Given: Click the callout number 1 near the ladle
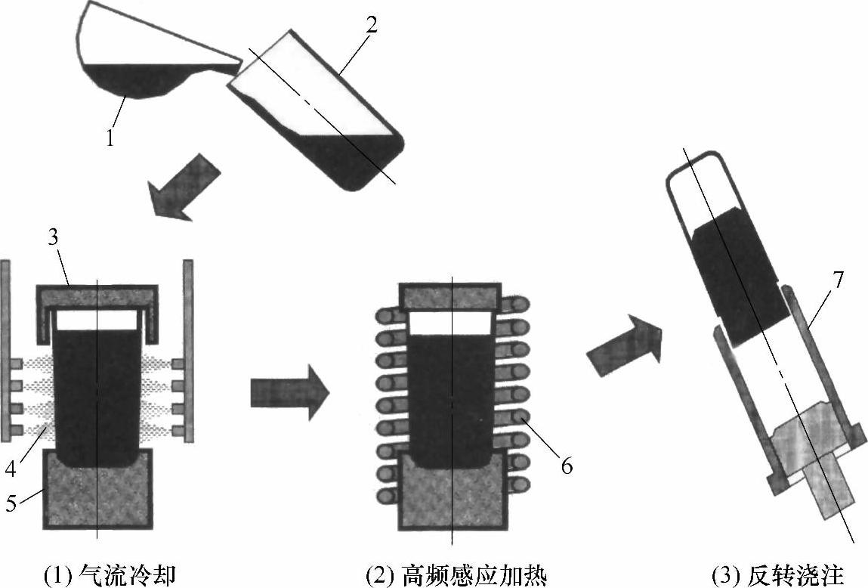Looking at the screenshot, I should coord(111,138).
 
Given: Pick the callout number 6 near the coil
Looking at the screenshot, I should coord(566,467).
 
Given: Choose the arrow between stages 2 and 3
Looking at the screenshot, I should coord(624,343).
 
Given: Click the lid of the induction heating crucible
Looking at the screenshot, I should coord(451,296).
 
